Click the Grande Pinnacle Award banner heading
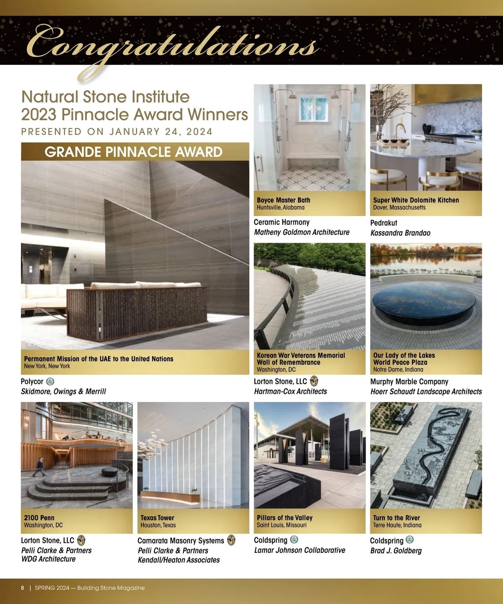pos(133,152)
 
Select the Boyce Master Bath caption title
pos(283,200)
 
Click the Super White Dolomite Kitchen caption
pos(416,200)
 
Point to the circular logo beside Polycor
pos(50,381)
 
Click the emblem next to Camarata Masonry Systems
pos(231,540)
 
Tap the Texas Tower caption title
pos(157,518)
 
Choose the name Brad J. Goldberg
pos(396,550)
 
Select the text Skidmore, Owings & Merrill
pos(63,391)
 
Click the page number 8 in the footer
pos(23,588)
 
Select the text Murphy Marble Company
pos(409,381)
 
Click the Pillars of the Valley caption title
pos(285,518)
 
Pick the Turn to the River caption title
pos(397,518)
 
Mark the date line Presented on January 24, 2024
pos(117,131)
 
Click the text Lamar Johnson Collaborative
pos(300,550)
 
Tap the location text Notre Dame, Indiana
pos(398,370)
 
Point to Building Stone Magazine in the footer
pos(111,588)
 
